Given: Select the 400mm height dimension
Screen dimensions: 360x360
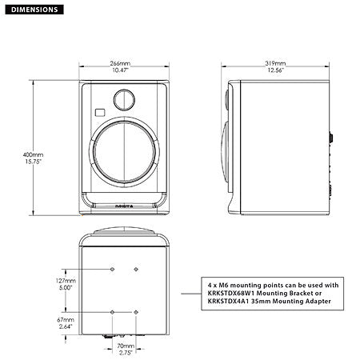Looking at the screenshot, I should point(34,154).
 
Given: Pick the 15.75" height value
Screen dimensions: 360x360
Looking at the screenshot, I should point(34,161).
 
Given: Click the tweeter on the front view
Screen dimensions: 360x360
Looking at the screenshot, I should point(124,99).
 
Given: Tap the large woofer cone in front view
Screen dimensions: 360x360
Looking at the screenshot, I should point(124,157).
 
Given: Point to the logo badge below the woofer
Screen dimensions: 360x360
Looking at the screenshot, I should point(124,206).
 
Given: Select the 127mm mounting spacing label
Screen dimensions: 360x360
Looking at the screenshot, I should point(70,282).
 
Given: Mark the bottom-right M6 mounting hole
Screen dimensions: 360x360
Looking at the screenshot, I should point(136,310).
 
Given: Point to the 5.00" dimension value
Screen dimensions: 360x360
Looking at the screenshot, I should point(70,289).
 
